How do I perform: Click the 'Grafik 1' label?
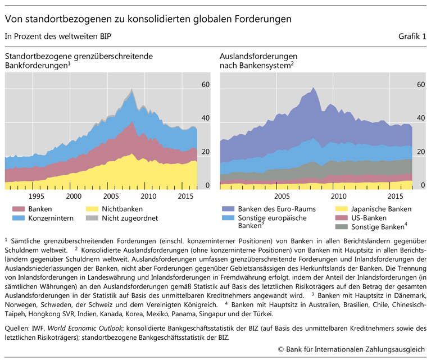coord(412,37)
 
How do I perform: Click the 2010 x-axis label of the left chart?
coord(148,196)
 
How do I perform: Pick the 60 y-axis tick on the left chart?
coord(206,84)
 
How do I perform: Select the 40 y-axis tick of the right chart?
coord(421,118)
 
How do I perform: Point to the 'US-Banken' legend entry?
coord(370,218)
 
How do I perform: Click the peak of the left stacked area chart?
coord(131,90)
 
